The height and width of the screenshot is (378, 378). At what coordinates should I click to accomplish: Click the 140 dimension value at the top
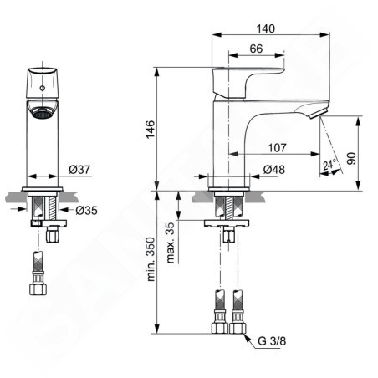265,28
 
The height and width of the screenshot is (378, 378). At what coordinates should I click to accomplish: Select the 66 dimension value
256,49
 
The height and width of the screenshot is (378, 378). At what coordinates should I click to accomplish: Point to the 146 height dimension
151,130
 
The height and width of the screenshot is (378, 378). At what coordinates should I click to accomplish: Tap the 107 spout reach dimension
277,148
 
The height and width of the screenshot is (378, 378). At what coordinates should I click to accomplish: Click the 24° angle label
329,164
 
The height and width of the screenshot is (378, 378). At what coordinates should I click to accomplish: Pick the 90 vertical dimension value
351,158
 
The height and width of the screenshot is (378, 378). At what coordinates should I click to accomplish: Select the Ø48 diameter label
274,170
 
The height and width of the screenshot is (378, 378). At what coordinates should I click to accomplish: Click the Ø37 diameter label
79,170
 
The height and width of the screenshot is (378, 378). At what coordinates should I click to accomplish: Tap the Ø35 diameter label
86,211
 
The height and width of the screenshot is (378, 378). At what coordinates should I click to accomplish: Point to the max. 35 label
170,243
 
